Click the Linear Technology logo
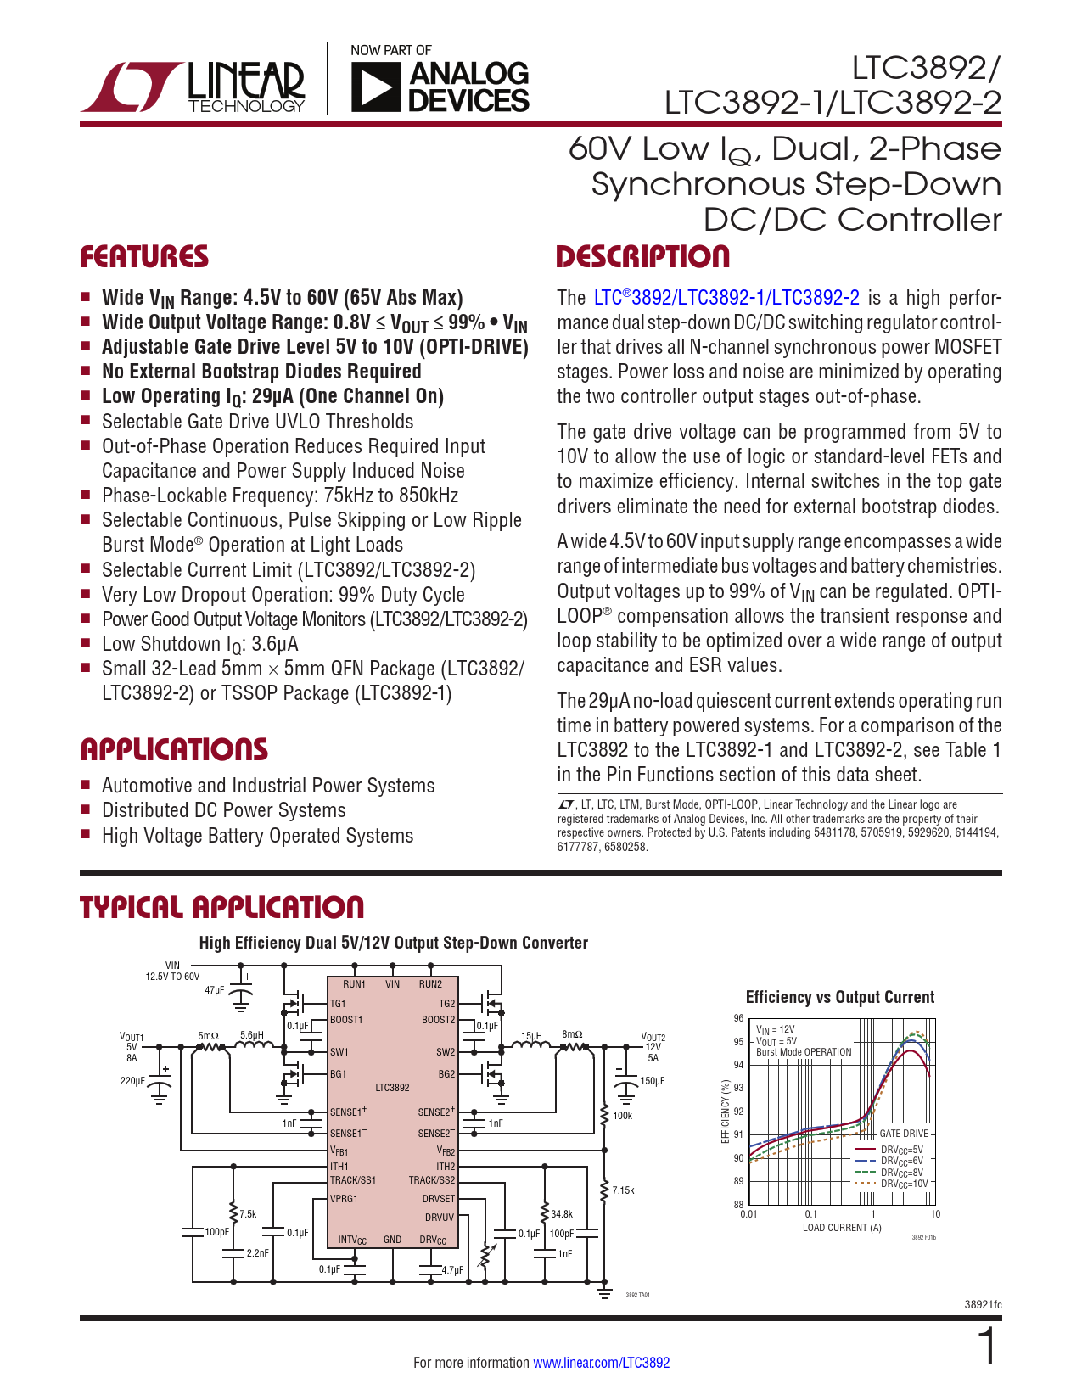(193, 87)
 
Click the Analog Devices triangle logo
(374, 88)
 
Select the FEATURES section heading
(144, 256)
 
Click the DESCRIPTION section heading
(642, 256)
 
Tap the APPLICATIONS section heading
(174, 749)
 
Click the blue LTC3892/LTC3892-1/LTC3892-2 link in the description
(726, 298)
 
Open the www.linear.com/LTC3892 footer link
(602, 1362)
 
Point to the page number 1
(987, 1345)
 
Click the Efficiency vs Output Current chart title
(839, 997)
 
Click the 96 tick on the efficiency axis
(738, 1018)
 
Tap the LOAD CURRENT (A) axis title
(842, 1228)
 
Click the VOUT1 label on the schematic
(132, 1038)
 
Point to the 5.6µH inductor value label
(252, 1035)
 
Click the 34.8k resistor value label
(562, 1214)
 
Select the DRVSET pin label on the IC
(438, 1198)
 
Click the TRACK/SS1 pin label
(352, 1179)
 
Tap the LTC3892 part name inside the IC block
(392, 1088)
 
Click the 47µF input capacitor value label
(215, 990)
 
